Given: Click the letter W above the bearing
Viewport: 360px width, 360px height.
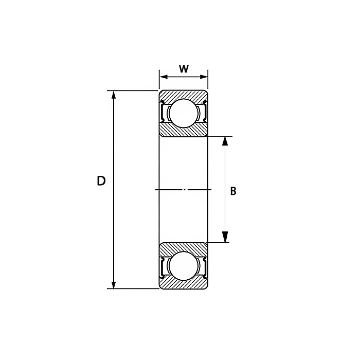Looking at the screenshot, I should pyautogui.click(x=184, y=69).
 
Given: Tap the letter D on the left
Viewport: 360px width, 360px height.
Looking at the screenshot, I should pyautogui.click(x=101, y=181).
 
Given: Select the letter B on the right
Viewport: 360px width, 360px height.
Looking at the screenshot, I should pyautogui.click(x=233, y=191).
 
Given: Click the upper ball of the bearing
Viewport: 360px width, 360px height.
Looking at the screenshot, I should pyautogui.click(x=184, y=113).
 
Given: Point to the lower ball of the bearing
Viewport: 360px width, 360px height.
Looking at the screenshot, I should pyautogui.click(x=184, y=266).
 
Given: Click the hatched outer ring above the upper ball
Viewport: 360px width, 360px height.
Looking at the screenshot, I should pyautogui.click(x=184, y=94).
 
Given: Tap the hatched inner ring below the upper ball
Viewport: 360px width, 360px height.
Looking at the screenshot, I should pyautogui.click(x=184, y=131).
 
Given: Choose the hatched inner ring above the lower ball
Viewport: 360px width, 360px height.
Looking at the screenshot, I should pyautogui.click(x=184, y=247).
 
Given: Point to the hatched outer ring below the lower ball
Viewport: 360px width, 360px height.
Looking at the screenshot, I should pyautogui.click(x=184, y=284).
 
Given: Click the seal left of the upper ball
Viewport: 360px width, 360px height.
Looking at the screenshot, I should pyautogui.click(x=164, y=112).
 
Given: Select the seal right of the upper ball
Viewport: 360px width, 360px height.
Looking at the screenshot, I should pyautogui.click(x=204, y=112).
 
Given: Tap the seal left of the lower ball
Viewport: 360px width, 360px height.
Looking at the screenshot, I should pyautogui.click(x=164, y=266).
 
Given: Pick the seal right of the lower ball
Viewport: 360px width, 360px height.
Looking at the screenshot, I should pyautogui.click(x=204, y=266).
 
